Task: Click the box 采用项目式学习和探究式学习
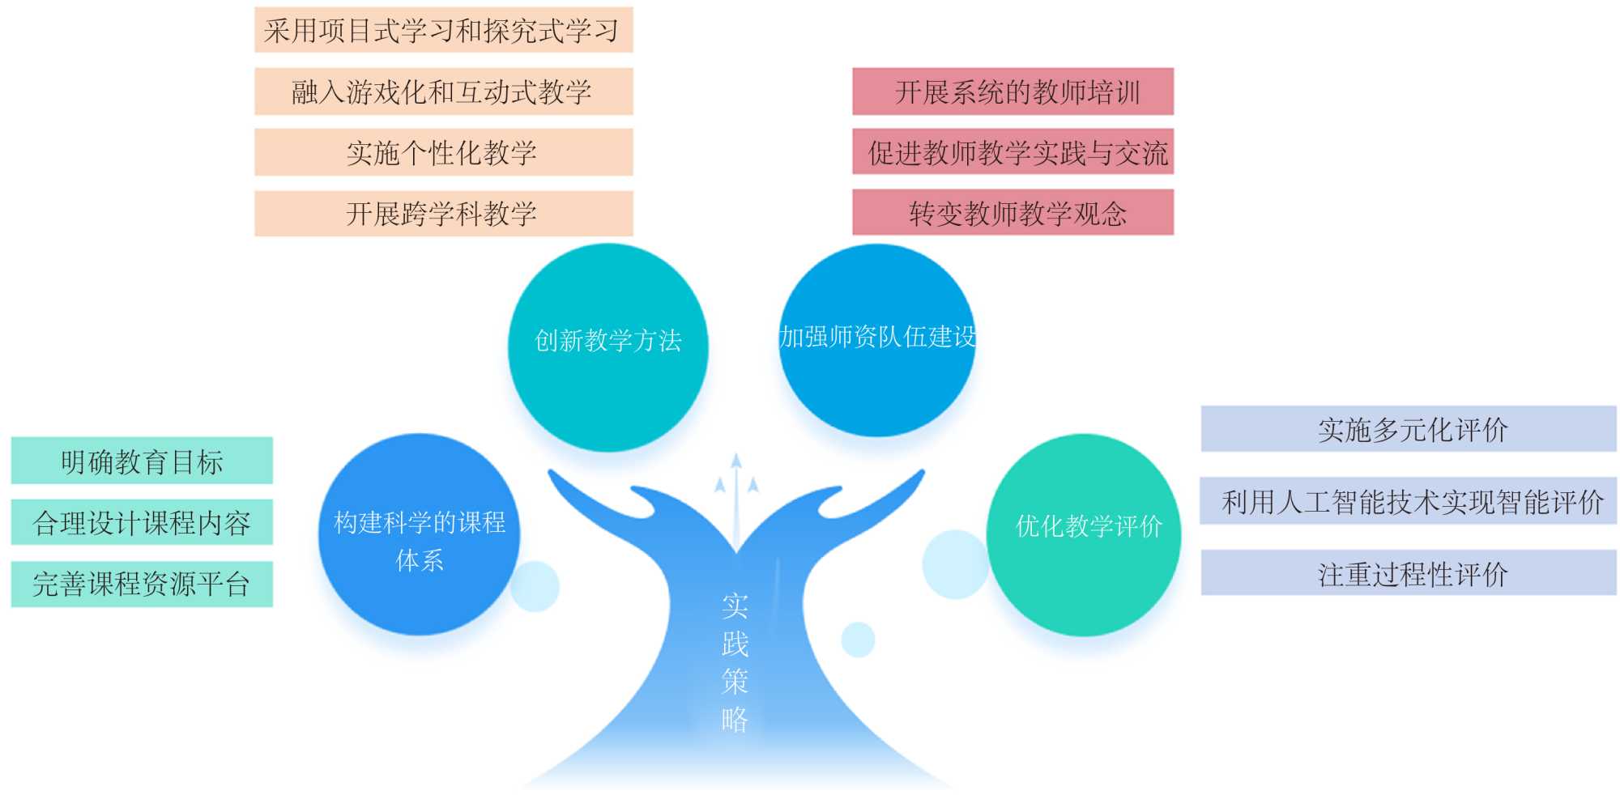tap(443, 31)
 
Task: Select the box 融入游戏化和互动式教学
tap(443, 91)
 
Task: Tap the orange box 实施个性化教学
tap(443, 152)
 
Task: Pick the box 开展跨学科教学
tap(443, 214)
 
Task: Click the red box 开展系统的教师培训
tap(1013, 91)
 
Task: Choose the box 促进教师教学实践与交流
tap(1013, 152)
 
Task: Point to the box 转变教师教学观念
tap(1013, 213)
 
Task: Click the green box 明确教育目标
tap(142, 461)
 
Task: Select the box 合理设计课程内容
tap(142, 522)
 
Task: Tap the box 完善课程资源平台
tap(142, 584)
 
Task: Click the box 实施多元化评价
tap(1408, 429)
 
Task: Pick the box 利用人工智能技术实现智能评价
tap(1408, 501)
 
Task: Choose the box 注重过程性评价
tap(1408, 573)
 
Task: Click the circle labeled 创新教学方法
tap(607, 346)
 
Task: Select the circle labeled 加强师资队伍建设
tap(877, 340)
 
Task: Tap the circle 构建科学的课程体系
tap(419, 534)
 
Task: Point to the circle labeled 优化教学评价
tap(1084, 534)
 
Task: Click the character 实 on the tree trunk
tap(735, 606)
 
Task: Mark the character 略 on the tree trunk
tap(735, 719)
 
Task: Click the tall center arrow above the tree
tap(735, 494)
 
